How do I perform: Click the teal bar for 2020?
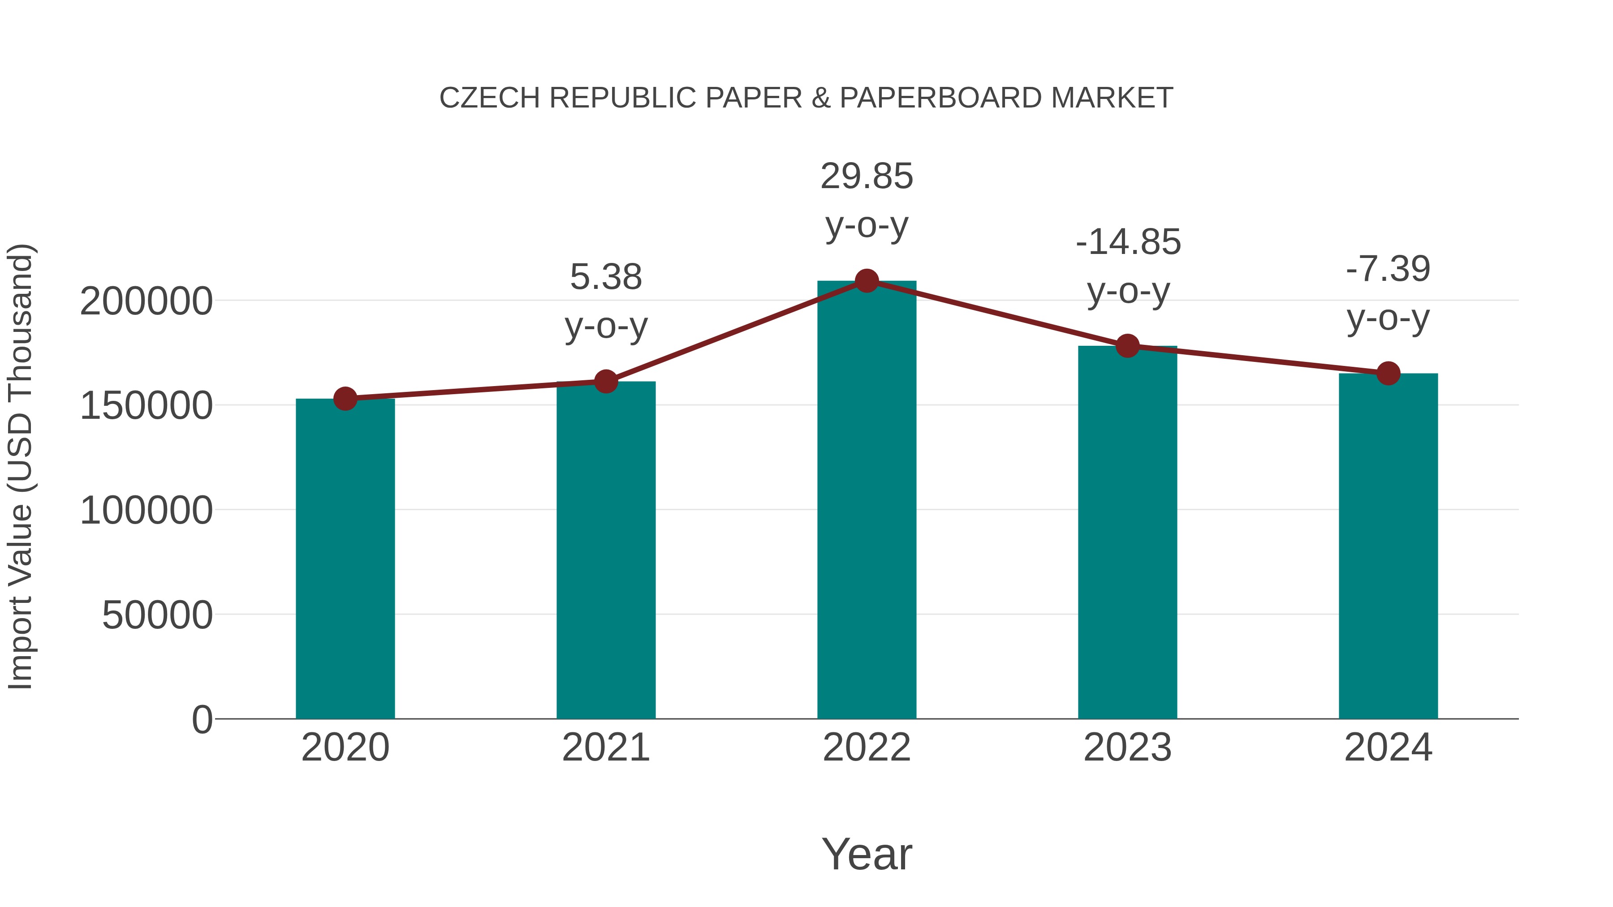click(x=345, y=559)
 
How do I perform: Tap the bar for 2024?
click(x=1388, y=546)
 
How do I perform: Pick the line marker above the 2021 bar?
click(x=605, y=381)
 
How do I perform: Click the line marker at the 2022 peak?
click(x=867, y=281)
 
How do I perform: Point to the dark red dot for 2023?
click(x=1128, y=345)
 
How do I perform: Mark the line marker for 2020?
click(x=345, y=399)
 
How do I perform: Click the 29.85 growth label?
click(x=867, y=176)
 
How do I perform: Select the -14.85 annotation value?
click(x=1128, y=242)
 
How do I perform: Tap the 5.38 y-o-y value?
click(x=605, y=277)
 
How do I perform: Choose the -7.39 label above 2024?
click(x=1388, y=269)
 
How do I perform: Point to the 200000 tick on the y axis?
click(x=147, y=302)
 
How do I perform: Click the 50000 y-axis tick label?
click(x=157, y=615)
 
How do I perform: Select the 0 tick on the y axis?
click(x=202, y=720)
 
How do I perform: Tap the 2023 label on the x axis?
click(x=1128, y=748)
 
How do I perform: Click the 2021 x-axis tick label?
click(x=605, y=748)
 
